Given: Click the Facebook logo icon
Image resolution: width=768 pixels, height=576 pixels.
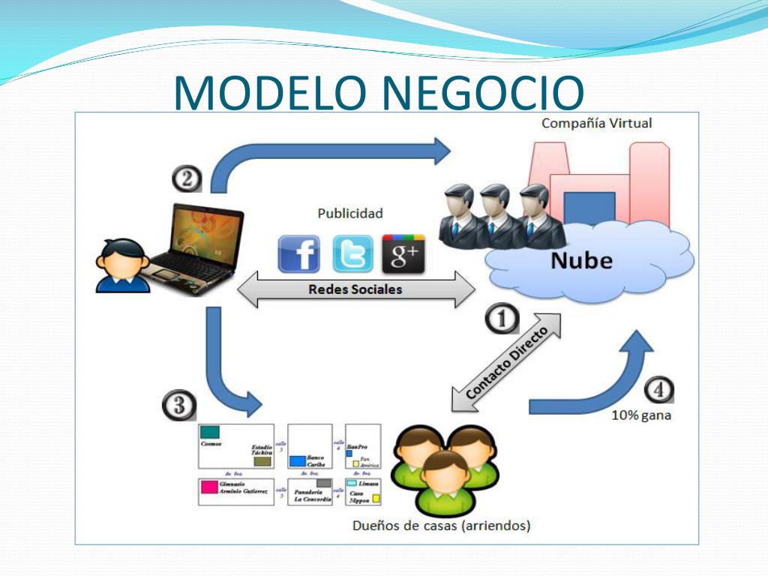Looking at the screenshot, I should click(x=298, y=254).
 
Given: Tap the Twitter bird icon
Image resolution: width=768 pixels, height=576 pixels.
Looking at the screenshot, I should click(x=352, y=254).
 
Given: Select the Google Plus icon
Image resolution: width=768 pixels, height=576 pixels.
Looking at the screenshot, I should click(x=403, y=254).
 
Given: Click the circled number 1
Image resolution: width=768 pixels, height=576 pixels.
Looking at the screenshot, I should click(x=502, y=319).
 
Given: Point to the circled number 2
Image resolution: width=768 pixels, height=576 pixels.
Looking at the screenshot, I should click(x=187, y=178).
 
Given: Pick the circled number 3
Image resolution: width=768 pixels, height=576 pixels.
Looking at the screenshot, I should click(x=178, y=406).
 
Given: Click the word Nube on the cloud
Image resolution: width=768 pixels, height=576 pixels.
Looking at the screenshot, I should click(x=581, y=261).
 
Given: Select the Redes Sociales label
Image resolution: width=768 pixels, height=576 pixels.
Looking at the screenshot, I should click(x=355, y=289).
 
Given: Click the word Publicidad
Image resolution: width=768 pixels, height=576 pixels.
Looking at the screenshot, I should click(x=350, y=213).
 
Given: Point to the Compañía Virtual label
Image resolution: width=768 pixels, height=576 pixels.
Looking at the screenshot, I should click(x=597, y=124).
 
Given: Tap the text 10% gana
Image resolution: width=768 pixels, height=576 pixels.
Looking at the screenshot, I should click(x=641, y=415).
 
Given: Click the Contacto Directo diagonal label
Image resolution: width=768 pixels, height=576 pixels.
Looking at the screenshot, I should click(x=507, y=362).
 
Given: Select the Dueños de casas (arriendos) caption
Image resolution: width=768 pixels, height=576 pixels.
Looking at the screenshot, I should click(x=442, y=526).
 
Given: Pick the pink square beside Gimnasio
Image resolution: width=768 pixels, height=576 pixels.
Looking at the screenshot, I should click(x=208, y=486).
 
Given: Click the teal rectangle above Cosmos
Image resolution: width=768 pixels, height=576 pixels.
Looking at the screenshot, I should click(x=210, y=433).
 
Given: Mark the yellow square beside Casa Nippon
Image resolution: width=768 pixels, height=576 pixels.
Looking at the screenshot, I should click(x=376, y=498).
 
